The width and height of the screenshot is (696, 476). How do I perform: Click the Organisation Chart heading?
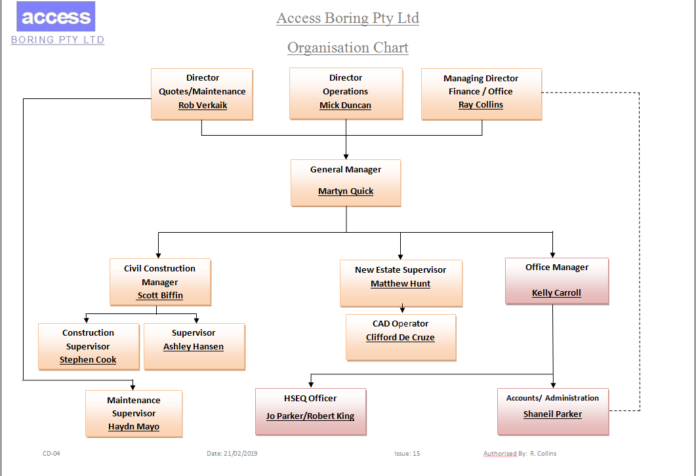348,48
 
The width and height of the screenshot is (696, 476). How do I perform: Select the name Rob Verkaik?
203,105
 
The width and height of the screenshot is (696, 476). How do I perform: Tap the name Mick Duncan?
345,105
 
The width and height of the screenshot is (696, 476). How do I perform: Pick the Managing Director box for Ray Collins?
481,93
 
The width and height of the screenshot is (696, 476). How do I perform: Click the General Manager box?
346,182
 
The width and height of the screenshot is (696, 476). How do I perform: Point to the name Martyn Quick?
346,191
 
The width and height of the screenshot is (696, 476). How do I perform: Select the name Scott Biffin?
160,296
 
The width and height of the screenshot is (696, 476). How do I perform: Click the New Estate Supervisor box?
401,282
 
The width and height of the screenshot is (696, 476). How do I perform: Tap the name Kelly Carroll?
556,293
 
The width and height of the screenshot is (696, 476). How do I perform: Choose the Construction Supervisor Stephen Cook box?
89,346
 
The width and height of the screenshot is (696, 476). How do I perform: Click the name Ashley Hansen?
194,347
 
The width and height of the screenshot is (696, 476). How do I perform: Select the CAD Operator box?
400,336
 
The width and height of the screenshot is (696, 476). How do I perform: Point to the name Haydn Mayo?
134,427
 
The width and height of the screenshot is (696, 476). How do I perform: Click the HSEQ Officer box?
310,410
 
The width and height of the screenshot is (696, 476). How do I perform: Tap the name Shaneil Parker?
552,414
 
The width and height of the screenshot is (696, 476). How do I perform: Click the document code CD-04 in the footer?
52,454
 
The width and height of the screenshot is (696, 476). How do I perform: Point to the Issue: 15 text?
407,454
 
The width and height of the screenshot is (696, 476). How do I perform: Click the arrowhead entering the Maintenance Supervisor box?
133,386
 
